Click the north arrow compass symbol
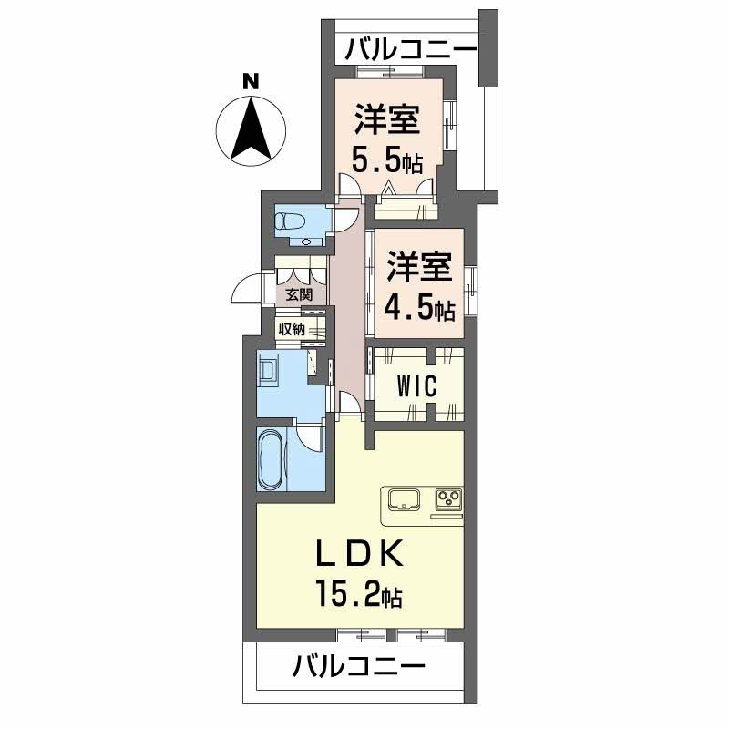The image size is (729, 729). point(252,130)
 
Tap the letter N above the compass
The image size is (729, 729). point(252,82)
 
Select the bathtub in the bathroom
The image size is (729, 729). point(272,459)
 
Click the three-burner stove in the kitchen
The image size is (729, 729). point(448,499)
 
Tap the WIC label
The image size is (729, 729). point(417,385)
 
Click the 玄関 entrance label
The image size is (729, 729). point(299,294)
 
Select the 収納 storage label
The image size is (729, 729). point(292,330)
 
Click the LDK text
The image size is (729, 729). point(359,554)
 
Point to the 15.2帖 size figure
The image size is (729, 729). point(359,594)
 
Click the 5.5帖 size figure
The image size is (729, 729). point(386,160)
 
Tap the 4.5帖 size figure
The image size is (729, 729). point(419,308)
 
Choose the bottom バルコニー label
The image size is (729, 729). point(358,667)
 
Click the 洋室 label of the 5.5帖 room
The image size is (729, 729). point(387,120)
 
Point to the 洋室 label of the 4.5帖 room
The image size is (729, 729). point(419,266)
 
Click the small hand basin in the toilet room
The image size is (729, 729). point(305,241)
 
